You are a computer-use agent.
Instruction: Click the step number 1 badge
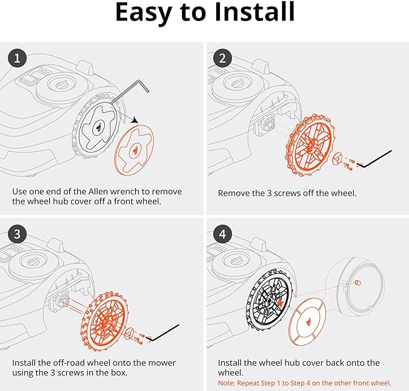(x=17, y=58)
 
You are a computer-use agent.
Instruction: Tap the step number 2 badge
(x=222, y=58)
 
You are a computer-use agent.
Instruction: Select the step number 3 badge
(x=17, y=234)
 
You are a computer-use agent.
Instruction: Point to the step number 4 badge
(x=222, y=234)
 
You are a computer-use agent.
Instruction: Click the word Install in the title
(x=255, y=12)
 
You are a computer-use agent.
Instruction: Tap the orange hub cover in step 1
(x=134, y=150)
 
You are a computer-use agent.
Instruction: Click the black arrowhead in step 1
(x=135, y=120)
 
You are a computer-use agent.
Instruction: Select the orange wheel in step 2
(x=310, y=145)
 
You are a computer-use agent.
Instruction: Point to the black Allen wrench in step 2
(x=375, y=159)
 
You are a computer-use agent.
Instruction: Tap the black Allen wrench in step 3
(x=163, y=332)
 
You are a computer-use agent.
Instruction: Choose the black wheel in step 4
(x=269, y=300)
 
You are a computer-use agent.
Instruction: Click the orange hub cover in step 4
(x=308, y=322)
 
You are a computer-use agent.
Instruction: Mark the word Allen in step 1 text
(x=98, y=192)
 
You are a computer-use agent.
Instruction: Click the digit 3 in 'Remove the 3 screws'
(x=269, y=194)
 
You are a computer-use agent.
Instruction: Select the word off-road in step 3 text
(x=69, y=363)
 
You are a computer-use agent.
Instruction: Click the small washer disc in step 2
(x=338, y=158)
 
